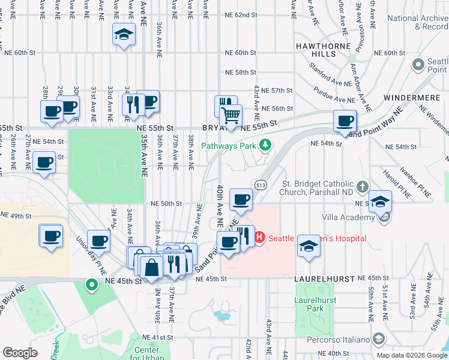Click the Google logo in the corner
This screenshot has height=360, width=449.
pos(20,352)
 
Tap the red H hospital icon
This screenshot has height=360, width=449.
pos(260,238)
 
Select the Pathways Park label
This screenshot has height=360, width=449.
pos(228,146)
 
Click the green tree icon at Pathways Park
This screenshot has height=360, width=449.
pos(264,145)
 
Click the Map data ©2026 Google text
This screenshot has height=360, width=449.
pos(412,355)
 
